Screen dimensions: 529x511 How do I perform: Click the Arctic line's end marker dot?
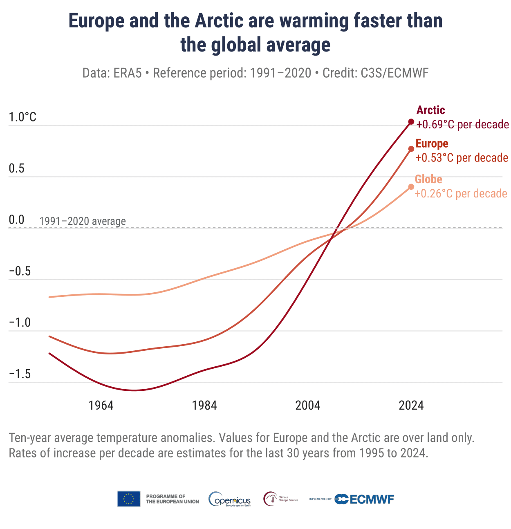[411, 122]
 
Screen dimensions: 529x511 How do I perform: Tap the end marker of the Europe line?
[411, 149]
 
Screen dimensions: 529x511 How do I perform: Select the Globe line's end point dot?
[411, 187]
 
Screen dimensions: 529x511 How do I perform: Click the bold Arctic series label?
[430, 110]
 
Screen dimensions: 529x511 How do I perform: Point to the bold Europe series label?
[432, 144]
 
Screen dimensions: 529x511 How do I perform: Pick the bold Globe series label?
[428, 179]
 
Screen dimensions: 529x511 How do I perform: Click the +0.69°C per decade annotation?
[462, 124]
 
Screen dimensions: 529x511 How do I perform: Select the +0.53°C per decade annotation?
[462, 158]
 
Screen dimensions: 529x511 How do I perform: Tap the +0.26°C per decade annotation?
[461, 193]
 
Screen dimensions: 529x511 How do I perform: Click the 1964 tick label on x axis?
[101, 406]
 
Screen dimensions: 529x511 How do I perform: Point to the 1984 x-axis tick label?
[204, 406]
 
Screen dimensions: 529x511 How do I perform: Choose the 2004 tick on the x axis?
[308, 406]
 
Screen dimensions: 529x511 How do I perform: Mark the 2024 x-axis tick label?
[411, 406]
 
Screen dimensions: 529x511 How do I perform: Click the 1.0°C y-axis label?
[22, 118]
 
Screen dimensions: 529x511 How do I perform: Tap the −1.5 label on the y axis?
[20, 374]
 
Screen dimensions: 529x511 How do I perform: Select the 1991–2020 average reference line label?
[83, 222]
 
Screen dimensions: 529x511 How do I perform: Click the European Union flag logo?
[129, 499]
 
